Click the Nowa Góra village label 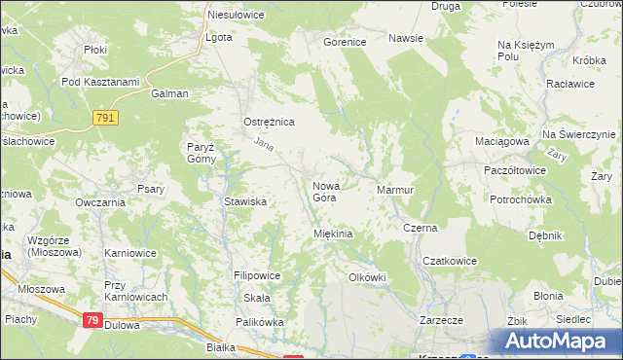pos(324,191)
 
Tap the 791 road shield pos(108,118)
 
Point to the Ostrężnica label pos(268,123)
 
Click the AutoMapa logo pos(559,342)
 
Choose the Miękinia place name pos(332,234)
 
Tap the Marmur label pos(395,190)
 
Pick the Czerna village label pos(420,228)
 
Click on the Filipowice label pos(256,275)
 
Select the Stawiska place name pos(245,201)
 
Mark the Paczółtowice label pos(514,169)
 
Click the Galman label pos(168,94)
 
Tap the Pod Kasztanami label pos(100,82)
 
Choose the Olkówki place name pos(367,277)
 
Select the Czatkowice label pos(449,262)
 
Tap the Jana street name pos(263,146)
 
